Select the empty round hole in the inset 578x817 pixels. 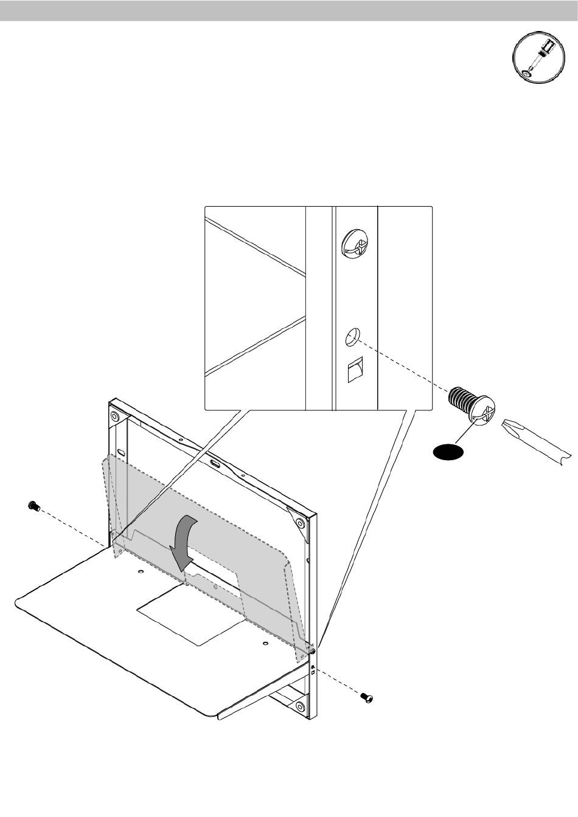[x=353, y=336]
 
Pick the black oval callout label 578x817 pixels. [x=447, y=452]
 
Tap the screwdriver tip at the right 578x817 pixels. [x=535, y=442]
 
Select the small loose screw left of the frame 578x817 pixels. [x=33, y=505]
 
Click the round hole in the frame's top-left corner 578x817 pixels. [x=114, y=416]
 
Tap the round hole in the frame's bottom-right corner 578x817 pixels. [x=300, y=707]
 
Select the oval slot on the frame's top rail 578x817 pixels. [x=215, y=463]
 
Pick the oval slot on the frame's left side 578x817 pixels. [x=121, y=453]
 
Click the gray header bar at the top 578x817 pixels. [x=289, y=11]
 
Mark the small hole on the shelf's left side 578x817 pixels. [x=141, y=572]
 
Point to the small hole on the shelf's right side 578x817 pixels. [x=266, y=643]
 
